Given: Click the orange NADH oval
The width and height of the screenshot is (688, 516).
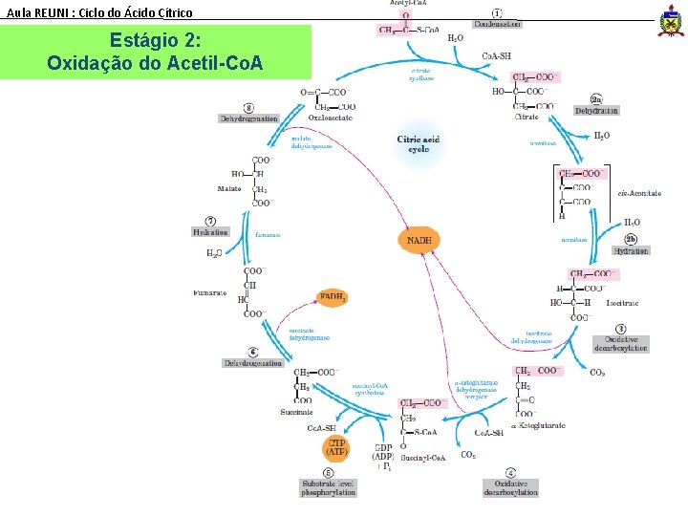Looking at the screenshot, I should [419, 241].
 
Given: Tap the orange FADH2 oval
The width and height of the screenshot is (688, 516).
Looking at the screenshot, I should [333, 299].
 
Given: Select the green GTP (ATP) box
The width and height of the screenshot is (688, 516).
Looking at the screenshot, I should [337, 447].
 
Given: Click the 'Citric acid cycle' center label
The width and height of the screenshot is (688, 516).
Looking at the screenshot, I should [419, 144].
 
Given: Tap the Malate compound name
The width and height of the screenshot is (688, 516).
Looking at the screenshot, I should [229, 189].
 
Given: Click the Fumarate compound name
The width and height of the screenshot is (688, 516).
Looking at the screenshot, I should [210, 291].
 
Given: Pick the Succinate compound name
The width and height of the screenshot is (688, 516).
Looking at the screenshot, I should [297, 412].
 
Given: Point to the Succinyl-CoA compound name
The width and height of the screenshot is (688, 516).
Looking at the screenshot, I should [424, 458].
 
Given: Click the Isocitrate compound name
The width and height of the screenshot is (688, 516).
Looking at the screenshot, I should [622, 303].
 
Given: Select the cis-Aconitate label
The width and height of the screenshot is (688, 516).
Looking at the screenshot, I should [639, 193].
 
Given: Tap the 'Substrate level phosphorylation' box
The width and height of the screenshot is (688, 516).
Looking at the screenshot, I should [329, 487].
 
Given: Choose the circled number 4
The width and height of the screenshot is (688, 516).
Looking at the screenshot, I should [510, 472].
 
